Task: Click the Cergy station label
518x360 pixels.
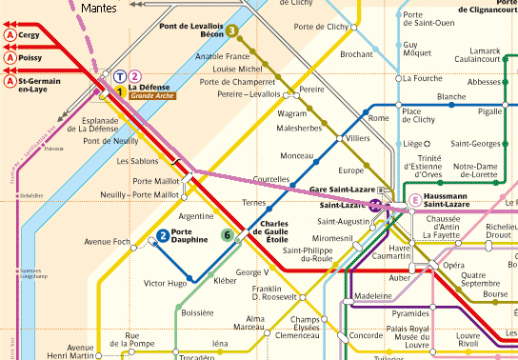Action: tap(31, 34)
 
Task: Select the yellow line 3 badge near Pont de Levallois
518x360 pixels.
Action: tap(232, 30)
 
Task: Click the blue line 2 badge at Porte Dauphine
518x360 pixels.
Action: tap(164, 235)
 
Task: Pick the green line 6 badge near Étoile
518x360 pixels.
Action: tap(227, 235)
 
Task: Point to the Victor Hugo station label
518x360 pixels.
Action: tap(164, 283)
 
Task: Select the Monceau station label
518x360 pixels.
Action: tap(297, 155)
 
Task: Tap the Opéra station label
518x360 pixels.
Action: tap(454, 266)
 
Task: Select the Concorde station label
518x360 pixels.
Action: tap(366, 336)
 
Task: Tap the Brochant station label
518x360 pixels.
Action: tap(356, 54)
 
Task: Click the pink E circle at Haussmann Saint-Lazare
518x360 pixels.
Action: tap(415, 200)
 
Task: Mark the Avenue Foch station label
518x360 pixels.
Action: tap(107, 241)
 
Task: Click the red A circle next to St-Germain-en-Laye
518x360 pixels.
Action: tap(9, 83)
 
